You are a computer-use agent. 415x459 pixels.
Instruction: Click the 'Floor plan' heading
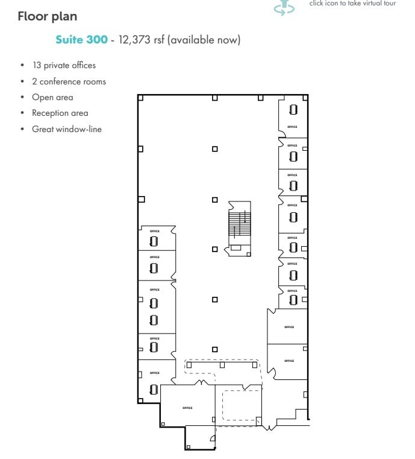click(47, 16)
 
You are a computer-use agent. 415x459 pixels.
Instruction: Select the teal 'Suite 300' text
click(81, 40)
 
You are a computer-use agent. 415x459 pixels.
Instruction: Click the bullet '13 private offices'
click(64, 65)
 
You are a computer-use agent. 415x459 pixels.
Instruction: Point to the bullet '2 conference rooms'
click(69, 81)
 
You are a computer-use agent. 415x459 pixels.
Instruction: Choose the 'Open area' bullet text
click(52, 97)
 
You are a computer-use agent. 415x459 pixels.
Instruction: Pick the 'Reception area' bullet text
click(60, 113)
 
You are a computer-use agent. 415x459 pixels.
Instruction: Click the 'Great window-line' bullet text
click(66, 128)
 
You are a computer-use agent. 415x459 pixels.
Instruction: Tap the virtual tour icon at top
click(284, 7)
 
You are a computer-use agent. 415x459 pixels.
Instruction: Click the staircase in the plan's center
click(239, 223)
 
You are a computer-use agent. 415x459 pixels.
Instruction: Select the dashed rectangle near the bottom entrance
click(242, 406)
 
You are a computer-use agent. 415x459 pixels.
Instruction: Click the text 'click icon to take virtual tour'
click(352, 4)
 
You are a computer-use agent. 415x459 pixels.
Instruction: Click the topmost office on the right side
click(293, 118)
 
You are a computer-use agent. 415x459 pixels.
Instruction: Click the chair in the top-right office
click(293, 110)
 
